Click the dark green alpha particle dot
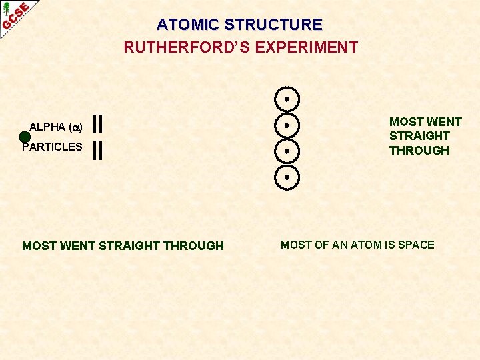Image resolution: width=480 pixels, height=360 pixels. click(x=25, y=137)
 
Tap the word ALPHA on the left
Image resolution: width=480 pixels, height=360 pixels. click(x=47, y=127)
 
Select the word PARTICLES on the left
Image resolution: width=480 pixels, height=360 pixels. click(x=53, y=147)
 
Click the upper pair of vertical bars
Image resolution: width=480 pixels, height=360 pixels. click(x=97, y=124)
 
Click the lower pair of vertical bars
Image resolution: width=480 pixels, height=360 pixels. click(x=97, y=151)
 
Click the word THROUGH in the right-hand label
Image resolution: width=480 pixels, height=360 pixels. click(x=419, y=151)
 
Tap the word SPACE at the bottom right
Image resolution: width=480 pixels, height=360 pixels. click(x=416, y=245)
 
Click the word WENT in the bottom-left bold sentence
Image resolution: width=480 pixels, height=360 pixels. click(x=77, y=246)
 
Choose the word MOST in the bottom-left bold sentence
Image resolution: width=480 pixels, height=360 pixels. click(x=39, y=246)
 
